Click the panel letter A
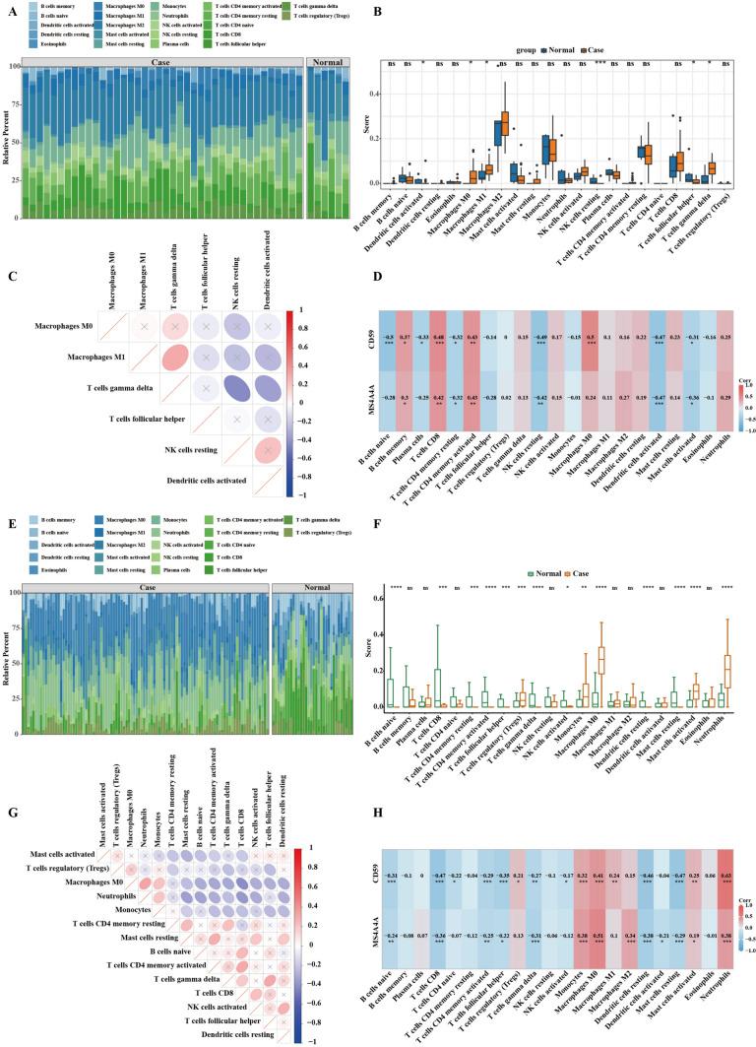click(x=10, y=8)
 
